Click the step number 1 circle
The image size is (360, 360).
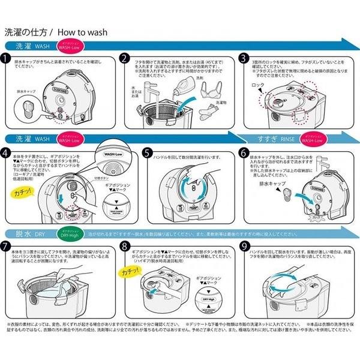[7, 58]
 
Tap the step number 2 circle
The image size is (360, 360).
[125, 58]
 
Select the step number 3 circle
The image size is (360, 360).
[244, 58]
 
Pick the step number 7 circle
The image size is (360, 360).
[7, 246]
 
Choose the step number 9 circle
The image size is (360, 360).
[244, 246]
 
